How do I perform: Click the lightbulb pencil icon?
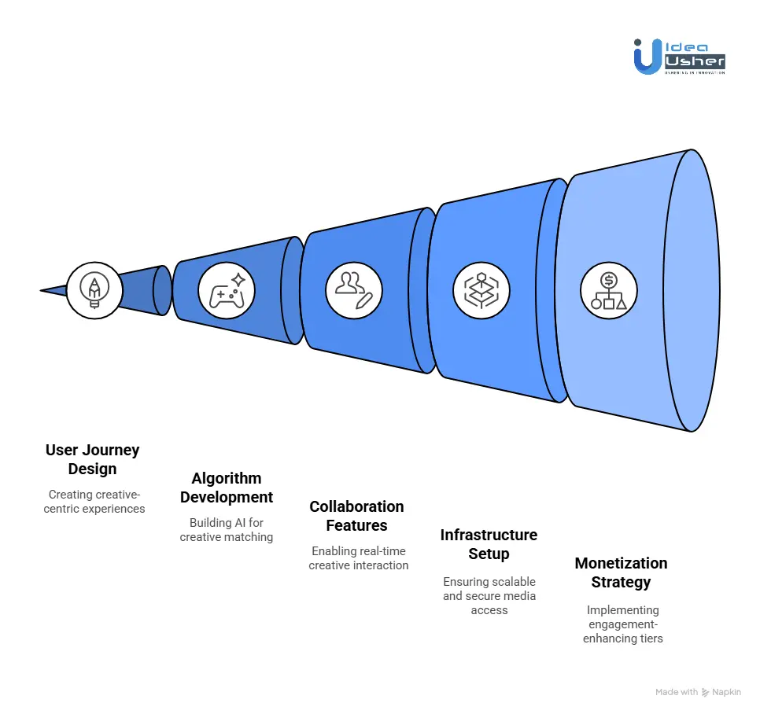point(94,290)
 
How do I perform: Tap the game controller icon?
point(227,290)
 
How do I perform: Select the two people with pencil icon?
point(353,290)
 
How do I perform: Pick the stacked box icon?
point(481,290)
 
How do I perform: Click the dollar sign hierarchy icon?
point(608,290)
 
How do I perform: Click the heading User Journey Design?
point(92,459)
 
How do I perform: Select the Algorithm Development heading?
point(227,488)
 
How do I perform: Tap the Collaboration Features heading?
point(356,516)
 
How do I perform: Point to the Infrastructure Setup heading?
point(489,544)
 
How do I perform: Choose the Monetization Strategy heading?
point(621,572)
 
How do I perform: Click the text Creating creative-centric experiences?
point(94,502)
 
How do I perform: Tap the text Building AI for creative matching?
point(227,530)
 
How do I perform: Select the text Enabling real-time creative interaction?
point(358,558)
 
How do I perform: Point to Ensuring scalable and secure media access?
point(489,595)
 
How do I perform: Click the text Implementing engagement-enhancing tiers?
point(622,624)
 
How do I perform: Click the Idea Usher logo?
point(679,57)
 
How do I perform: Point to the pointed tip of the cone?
point(42,291)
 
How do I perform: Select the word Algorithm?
point(227,478)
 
